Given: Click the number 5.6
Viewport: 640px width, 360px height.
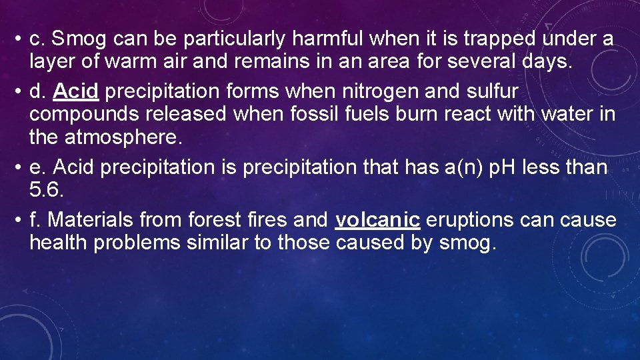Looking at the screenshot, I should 47,191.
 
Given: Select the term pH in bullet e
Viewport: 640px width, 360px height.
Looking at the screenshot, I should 505,167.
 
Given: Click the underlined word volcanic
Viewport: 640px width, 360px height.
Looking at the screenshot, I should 377,219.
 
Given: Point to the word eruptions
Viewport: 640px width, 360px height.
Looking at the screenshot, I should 471,219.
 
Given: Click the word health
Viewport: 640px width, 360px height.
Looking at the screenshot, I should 58,243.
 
